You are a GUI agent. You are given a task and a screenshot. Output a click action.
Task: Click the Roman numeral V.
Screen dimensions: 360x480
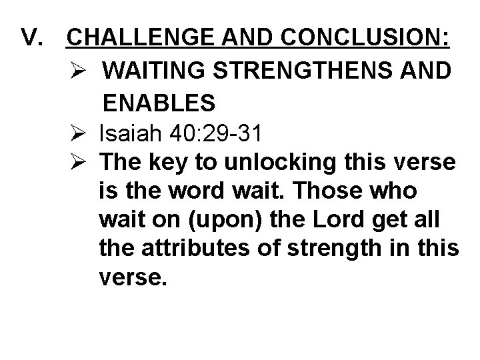(33, 39)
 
